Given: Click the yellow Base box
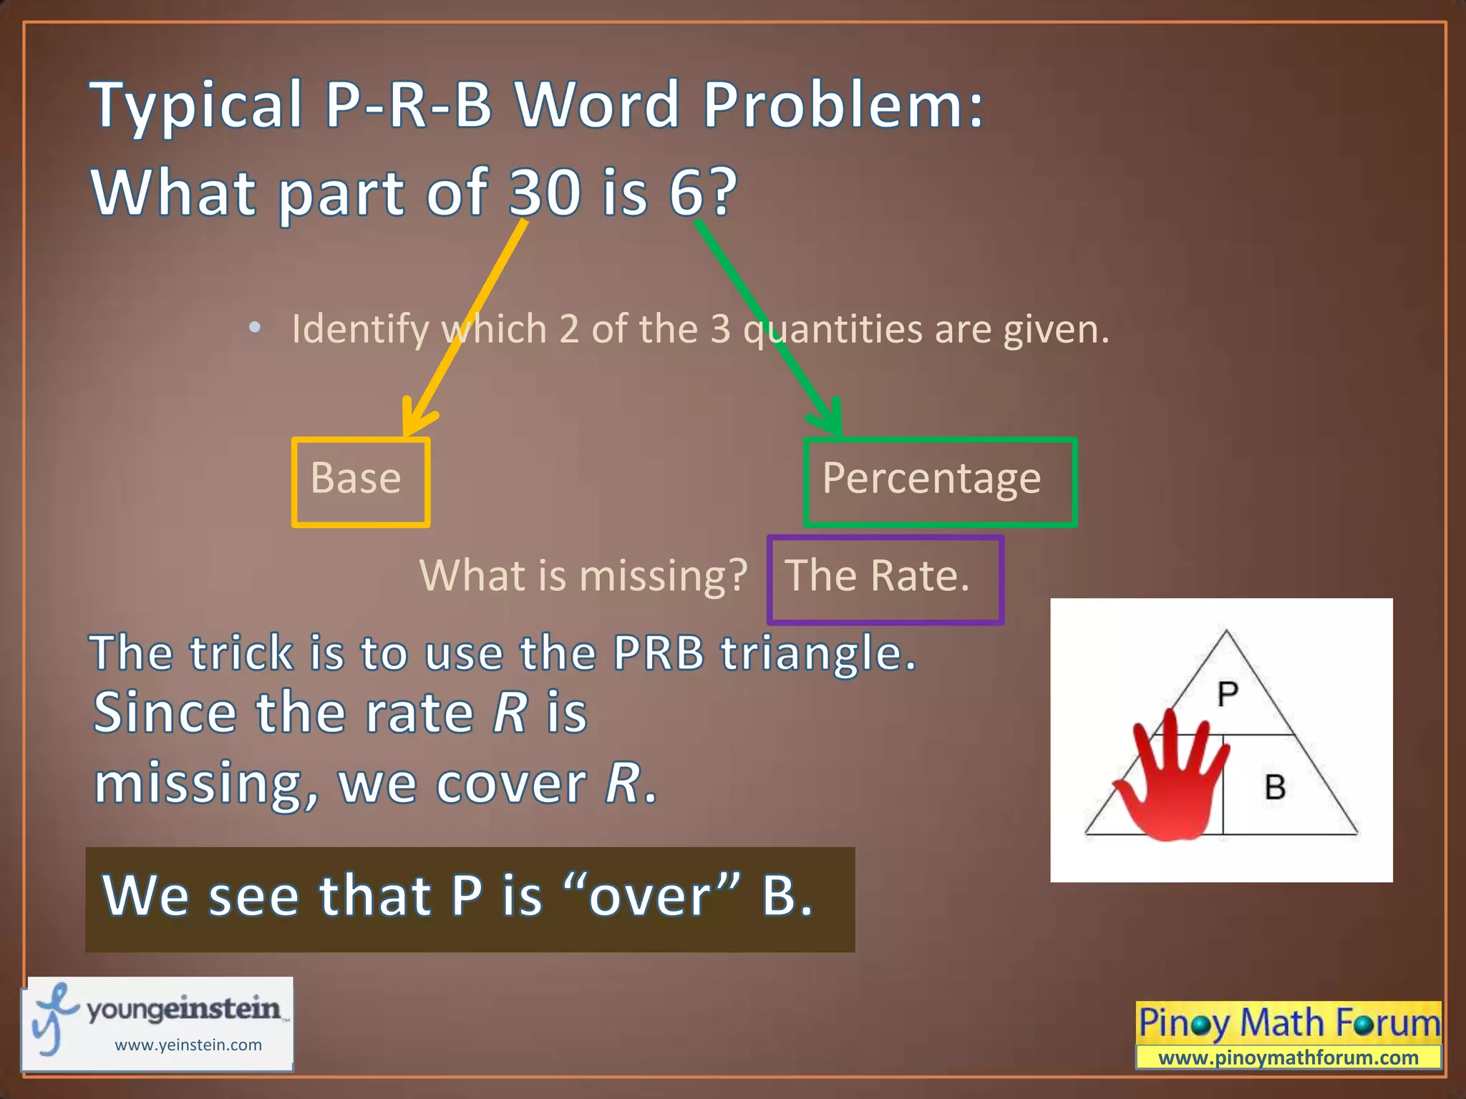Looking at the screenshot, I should click(360, 482).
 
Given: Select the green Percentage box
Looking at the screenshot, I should click(939, 482).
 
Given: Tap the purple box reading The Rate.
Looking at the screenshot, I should click(885, 579).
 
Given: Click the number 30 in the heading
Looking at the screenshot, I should click(545, 192).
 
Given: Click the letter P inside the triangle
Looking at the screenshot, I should click(1228, 694).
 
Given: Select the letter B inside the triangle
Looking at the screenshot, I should click(1275, 788).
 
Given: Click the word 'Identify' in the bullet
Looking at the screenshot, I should click(360, 330).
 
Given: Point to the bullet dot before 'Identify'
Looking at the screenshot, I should click(254, 328).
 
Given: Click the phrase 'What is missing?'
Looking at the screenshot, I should click(583, 576).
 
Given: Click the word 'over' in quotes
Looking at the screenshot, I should click(650, 897).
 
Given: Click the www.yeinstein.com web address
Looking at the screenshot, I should click(188, 1045).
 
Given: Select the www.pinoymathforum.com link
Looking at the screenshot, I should click(1288, 1058).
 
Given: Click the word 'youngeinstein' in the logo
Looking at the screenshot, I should click(184, 1009).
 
